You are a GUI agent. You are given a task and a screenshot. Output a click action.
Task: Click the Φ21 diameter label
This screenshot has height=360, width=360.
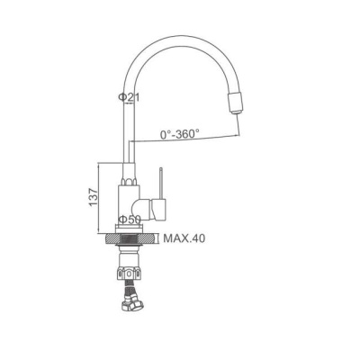tap(129, 97)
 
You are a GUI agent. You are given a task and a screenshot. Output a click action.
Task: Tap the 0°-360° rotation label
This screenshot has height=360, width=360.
tap(180, 134)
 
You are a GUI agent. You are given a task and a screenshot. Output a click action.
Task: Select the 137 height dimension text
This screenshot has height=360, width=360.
tap(93, 197)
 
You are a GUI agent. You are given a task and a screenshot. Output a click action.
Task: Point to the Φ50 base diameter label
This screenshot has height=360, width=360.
tap(130, 220)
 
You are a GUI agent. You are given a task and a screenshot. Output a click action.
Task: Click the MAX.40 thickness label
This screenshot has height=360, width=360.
tap(184, 238)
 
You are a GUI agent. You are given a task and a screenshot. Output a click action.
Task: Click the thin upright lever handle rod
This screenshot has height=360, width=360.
tap(161, 183)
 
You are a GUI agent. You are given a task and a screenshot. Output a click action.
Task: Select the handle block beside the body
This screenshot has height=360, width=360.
tap(158, 209)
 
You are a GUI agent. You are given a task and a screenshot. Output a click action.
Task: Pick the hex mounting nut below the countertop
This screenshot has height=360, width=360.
tap(129, 274)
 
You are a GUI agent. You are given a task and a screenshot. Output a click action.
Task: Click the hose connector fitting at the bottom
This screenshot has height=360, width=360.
tap(132, 305)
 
